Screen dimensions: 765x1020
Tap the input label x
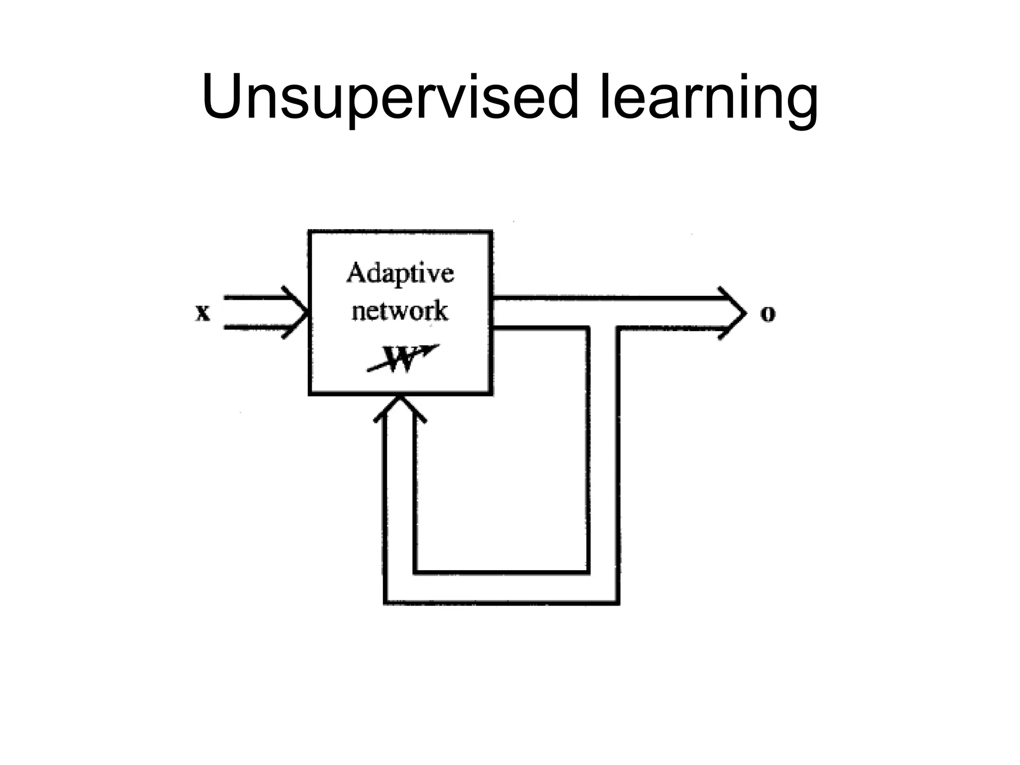point(203,313)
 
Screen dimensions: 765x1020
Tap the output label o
point(767,313)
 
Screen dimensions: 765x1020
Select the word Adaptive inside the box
point(400,273)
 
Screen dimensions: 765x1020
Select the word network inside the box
point(400,311)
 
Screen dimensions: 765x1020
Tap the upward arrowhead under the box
point(400,406)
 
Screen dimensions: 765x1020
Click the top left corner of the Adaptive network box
point(310,232)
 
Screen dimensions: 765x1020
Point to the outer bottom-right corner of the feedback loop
point(618,603)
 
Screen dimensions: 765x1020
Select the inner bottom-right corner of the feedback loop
point(588,572)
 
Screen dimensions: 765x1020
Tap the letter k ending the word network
point(441,311)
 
